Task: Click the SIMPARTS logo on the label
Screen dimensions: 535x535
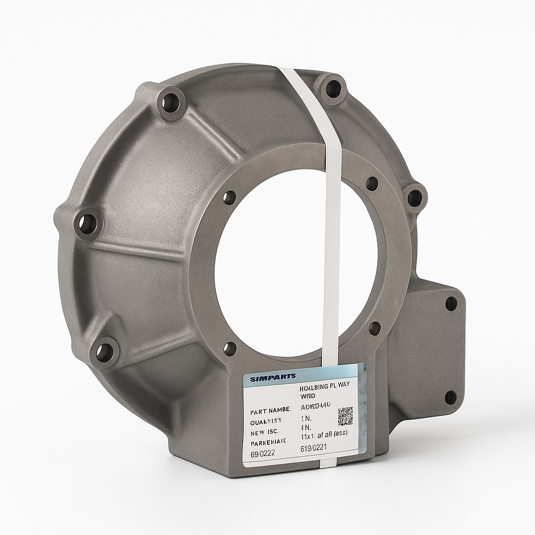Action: pos(273,376)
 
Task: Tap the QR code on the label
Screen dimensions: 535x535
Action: pos(345,416)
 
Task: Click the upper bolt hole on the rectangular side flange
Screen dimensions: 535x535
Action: pos(450,304)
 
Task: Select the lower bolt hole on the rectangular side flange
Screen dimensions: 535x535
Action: pos(450,398)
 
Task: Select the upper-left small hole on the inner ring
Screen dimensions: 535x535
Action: pos(229,197)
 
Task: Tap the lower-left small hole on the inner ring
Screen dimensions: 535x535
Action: pos(230,348)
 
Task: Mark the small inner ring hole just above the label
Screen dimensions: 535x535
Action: pos(374,328)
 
